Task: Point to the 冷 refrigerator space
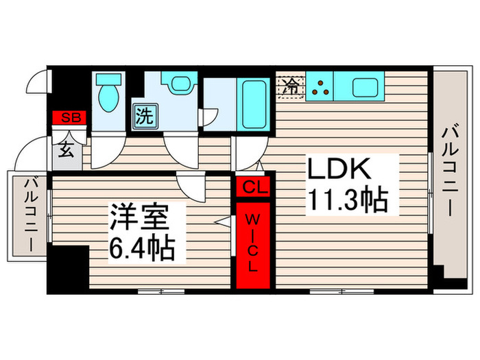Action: click(291, 87)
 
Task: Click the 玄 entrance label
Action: click(67, 149)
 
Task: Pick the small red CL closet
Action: click(252, 187)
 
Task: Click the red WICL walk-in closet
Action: click(252, 243)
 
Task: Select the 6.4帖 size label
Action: click(141, 248)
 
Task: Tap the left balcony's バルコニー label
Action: click(32, 213)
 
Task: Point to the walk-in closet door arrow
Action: click(222, 221)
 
